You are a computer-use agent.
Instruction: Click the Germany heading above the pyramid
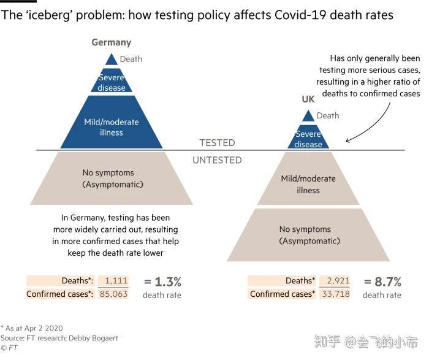tap(111, 42)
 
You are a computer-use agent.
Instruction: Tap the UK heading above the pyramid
tap(308, 99)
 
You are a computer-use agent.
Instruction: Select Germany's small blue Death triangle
tap(111, 59)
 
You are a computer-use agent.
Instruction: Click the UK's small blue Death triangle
tap(308, 116)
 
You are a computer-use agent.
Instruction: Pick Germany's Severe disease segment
tap(111, 82)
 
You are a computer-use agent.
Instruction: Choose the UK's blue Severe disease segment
tap(308, 139)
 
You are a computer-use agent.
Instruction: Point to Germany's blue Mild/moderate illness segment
tap(111, 126)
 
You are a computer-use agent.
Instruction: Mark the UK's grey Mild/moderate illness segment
tap(308, 184)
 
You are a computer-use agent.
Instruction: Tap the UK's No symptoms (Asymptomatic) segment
tap(309, 235)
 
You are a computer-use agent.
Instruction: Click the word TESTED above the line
tap(217, 143)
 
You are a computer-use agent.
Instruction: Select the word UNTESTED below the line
tap(217, 160)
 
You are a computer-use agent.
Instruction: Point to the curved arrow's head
tap(349, 140)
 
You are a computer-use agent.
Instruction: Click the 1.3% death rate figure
tap(162, 282)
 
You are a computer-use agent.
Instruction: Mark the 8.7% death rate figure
tap(382, 282)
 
